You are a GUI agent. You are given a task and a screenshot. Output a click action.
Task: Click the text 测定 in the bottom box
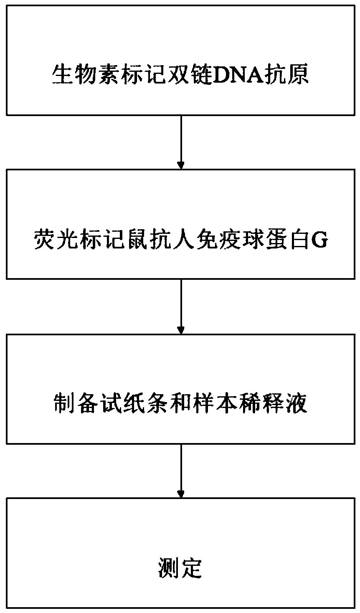180,568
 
